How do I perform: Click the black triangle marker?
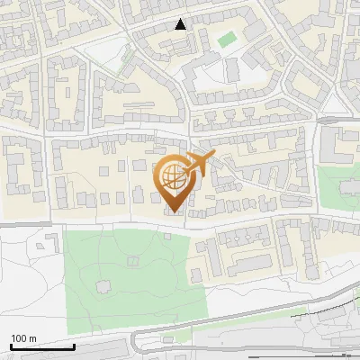181,24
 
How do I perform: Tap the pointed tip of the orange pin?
174,212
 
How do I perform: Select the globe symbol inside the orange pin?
173,175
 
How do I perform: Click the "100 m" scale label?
23,338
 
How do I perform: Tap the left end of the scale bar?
12,346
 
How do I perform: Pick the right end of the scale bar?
74,346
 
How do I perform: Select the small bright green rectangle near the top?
226,40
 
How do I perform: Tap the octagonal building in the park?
133,261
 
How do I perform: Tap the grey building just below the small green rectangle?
231,67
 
